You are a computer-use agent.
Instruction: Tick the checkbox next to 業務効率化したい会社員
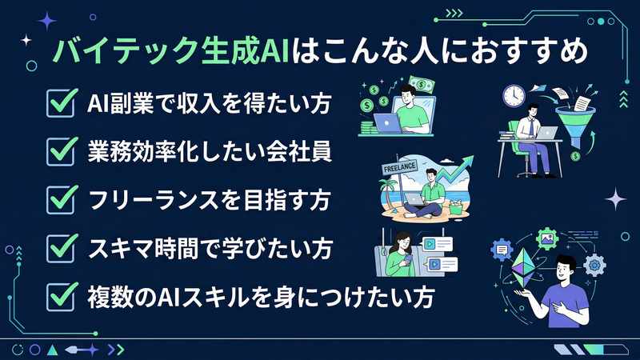click(x=62, y=150)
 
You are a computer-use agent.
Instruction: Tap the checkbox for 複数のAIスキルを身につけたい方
click(x=62, y=296)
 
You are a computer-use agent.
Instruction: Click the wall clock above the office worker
click(x=514, y=95)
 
